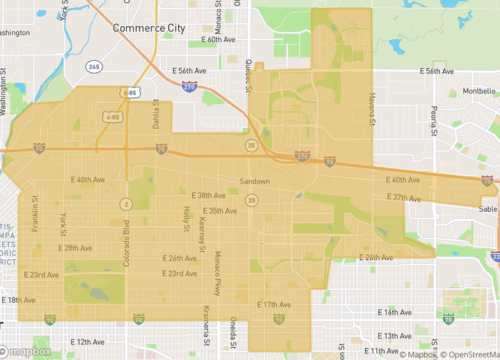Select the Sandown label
pyautogui.click(x=255, y=181)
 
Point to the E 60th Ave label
pyautogui.click(x=217, y=40)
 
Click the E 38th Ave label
pyautogui.click(x=208, y=195)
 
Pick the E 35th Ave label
pyautogui.click(x=220, y=210)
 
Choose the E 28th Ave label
pyautogui.click(x=74, y=247)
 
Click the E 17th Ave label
pyautogui.click(x=273, y=303)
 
